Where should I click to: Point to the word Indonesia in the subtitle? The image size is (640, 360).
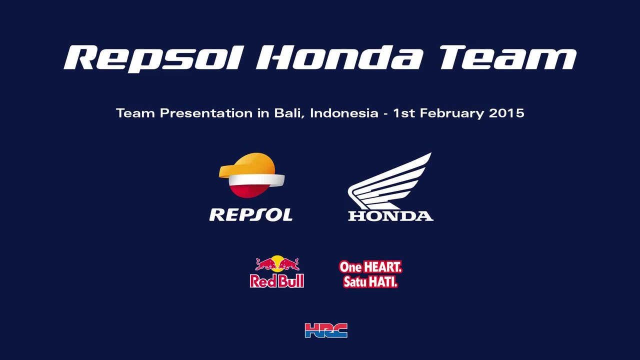[344, 113]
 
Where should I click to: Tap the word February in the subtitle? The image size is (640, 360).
[452, 113]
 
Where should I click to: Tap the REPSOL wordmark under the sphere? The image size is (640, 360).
[251, 215]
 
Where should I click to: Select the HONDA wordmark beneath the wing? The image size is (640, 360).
[390, 216]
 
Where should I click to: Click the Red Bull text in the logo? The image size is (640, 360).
[277, 281]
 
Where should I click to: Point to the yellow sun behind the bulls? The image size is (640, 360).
[277, 262]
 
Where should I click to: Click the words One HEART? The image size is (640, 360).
[370, 267]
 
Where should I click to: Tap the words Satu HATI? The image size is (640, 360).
[370, 281]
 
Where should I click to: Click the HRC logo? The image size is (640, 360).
[326, 330]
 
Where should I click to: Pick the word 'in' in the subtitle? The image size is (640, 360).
[263, 113]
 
